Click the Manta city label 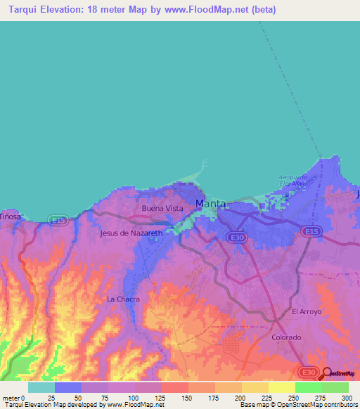coord(211,204)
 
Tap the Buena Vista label coord(162,209)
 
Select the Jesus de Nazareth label coord(131,233)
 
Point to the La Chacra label coord(123,299)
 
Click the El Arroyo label coord(306,311)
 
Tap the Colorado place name coord(286,337)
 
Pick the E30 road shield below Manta coord(237,238)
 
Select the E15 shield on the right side coord(310,231)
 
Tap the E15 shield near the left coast coord(58,221)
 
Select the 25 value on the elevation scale coord(51,398)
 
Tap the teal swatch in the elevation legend coord(41,387)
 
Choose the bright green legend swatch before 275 coord(308,387)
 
